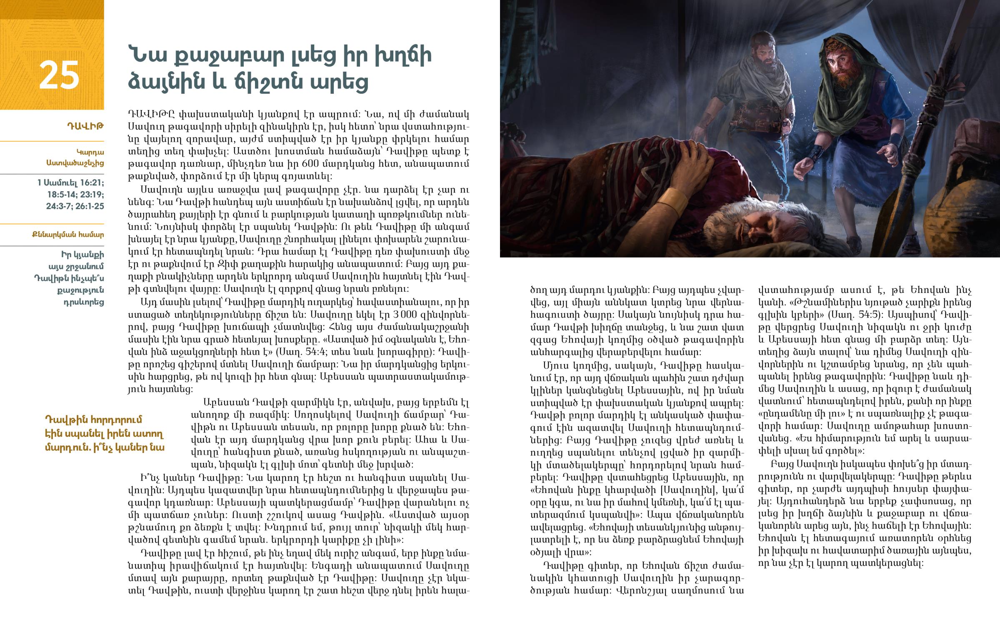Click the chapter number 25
pyautogui.click(x=59, y=75)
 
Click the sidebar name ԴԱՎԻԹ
pyautogui.click(x=85, y=126)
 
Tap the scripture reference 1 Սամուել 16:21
pyautogui.click(x=70, y=183)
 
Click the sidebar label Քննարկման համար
pyautogui.click(x=68, y=235)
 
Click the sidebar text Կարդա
pyautogui.click(x=90, y=152)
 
